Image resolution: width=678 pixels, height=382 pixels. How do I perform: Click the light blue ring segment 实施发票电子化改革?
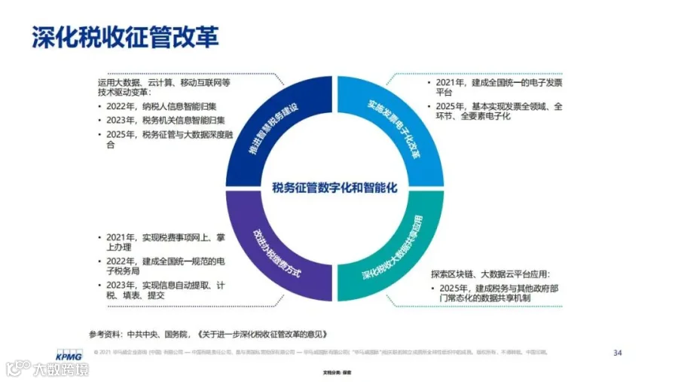(395, 125)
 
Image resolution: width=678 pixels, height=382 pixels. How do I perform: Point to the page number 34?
(618, 352)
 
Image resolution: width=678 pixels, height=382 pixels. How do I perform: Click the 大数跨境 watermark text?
(60, 370)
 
